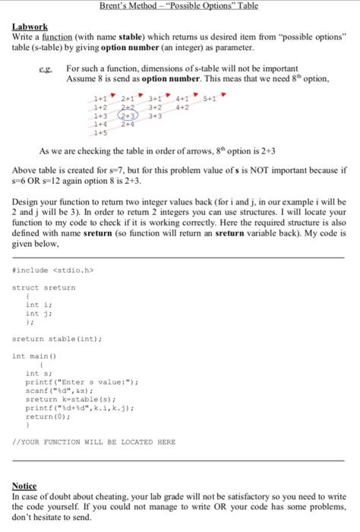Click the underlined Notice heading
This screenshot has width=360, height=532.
coord(24,485)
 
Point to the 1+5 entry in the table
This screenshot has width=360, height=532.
coord(100,132)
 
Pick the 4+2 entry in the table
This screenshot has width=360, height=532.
coord(182,108)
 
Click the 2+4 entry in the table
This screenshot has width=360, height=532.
coord(128,125)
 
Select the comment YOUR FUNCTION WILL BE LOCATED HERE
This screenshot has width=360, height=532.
coord(94,442)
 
